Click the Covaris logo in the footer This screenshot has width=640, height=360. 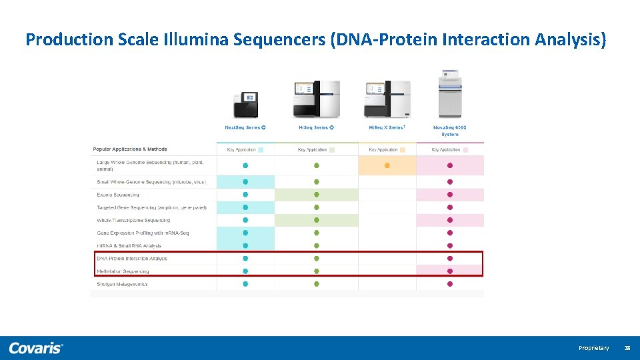[x=36, y=348]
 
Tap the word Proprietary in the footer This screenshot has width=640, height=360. [x=593, y=348]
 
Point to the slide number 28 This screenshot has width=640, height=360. [x=627, y=348]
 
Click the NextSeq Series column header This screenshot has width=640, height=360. [x=245, y=127]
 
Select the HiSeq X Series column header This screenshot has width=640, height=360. [x=387, y=127]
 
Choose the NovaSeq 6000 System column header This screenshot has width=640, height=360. [x=449, y=130]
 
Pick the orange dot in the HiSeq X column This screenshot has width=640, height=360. [x=387, y=165]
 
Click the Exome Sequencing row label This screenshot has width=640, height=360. [x=118, y=195]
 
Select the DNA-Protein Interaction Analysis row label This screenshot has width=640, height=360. [x=132, y=259]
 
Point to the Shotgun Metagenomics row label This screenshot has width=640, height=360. [x=122, y=284]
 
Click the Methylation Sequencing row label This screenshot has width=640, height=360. [x=123, y=271]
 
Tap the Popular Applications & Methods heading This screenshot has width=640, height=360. [x=130, y=149]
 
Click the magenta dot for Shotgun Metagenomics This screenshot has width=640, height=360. [x=450, y=284]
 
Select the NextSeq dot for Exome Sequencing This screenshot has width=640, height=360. [x=245, y=195]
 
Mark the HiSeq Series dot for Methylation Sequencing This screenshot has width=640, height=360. [x=317, y=271]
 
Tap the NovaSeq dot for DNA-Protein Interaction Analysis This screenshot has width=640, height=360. [x=450, y=259]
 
